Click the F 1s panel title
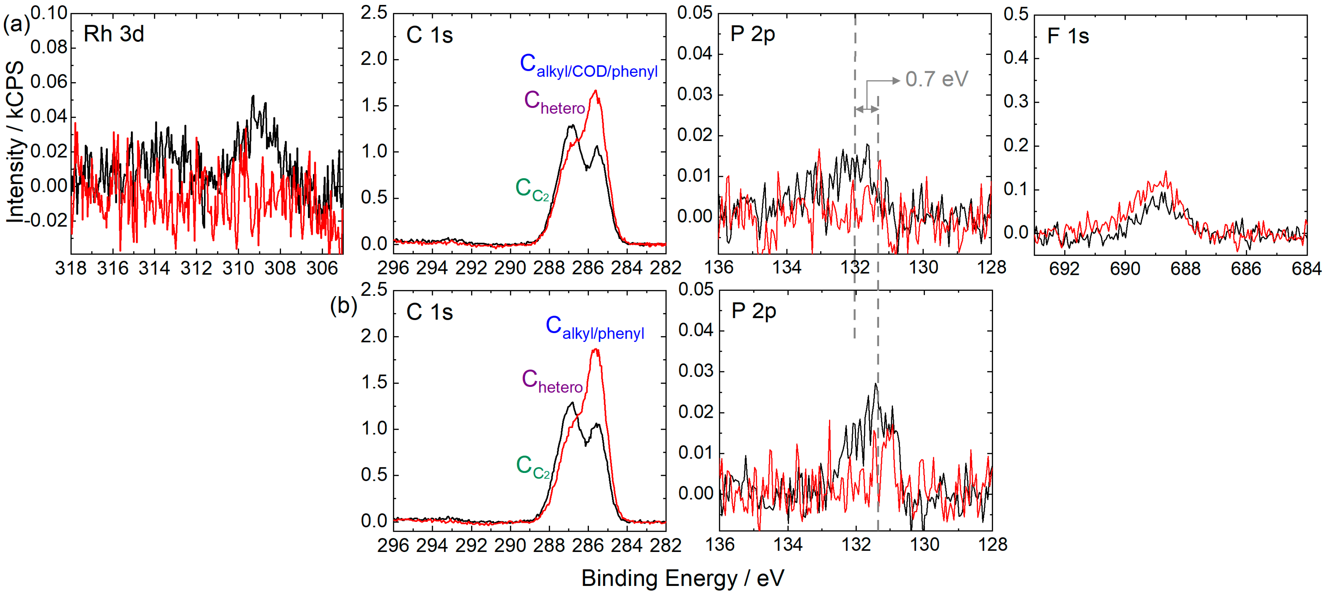tap(1068, 36)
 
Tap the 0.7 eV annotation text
tap(937, 79)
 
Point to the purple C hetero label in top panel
tap(554, 102)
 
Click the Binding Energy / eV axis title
tap(683, 578)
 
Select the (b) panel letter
tap(343, 306)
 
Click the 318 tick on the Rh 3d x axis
tap(71, 268)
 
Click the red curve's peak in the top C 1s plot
tap(596, 91)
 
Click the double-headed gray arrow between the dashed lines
tap(867, 109)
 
